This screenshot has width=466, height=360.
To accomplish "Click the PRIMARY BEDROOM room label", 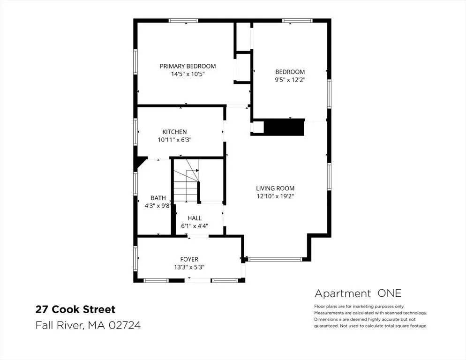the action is tap(188, 66).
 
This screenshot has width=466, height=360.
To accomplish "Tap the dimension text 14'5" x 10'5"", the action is tap(188, 74).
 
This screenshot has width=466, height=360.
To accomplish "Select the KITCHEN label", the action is tap(174, 132).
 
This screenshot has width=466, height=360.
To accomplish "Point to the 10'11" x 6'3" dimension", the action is tap(174, 140).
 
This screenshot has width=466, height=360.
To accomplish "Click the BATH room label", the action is tap(158, 198).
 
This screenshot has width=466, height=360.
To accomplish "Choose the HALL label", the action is tap(195, 218).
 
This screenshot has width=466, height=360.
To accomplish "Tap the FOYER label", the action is tap(189, 259).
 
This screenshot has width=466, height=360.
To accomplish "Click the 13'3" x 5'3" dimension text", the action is tap(189, 267).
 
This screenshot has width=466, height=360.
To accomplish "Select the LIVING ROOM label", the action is tap(275, 188).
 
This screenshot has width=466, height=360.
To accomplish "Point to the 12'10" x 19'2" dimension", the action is tap(275, 196).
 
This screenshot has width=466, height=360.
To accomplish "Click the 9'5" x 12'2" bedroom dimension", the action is tap(290, 80).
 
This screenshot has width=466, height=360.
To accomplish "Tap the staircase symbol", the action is tap(186, 180).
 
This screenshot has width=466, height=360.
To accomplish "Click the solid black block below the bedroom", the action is tap(284, 127).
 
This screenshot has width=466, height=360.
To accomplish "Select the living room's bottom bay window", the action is tap(275, 259).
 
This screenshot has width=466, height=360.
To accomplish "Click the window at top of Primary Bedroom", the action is tap(183, 21).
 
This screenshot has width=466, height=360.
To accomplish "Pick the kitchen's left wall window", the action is tap(135, 132).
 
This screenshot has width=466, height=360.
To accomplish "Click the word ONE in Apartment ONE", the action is tap(389, 293).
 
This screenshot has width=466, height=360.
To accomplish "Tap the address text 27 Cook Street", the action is tap(75, 309).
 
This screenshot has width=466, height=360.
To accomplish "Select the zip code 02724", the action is tap(125, 325).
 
